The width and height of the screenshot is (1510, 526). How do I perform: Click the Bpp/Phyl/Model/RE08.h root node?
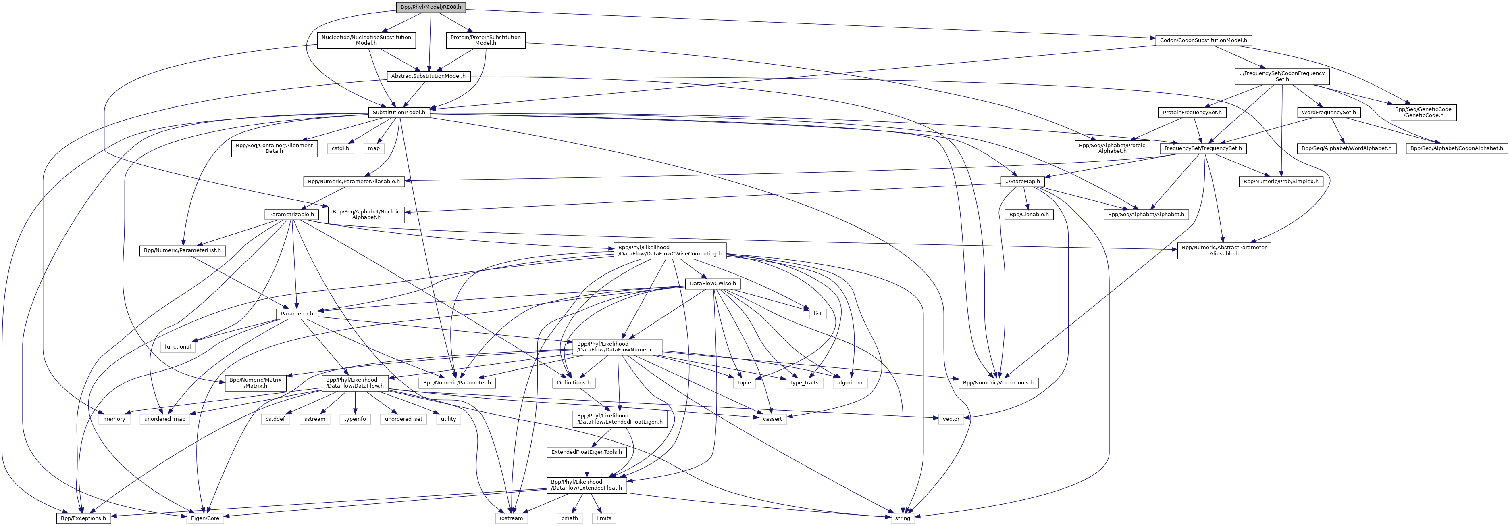tap(431, 7)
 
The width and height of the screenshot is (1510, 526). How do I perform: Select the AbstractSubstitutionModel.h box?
tap(428, 76)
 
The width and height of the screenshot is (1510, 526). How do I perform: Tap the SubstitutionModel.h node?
tap(399, 112)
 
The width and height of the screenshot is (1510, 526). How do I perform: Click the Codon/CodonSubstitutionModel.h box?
tap(1203, 40)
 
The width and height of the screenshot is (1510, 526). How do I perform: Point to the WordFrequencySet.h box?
tap(1328, 112)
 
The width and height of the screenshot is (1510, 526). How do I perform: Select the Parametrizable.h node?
tap(291, 215)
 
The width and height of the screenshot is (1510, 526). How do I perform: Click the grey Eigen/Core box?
tap(205, 518)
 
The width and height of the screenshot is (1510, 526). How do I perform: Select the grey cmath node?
tap(569, 518)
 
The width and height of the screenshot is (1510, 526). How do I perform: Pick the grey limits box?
tap(604, 518)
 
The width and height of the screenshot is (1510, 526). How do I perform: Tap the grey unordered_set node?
tap(403, 419)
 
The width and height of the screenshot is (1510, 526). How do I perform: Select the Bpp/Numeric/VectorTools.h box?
tap(998, 383)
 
